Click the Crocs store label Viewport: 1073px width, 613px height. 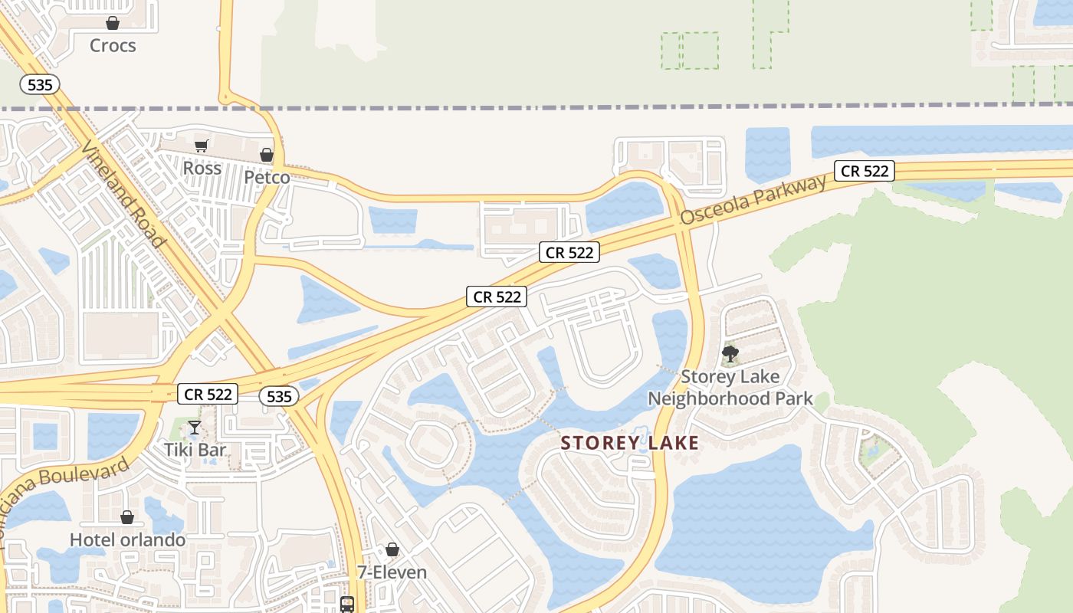(113, 46)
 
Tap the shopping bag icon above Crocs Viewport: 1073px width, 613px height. (113, 23)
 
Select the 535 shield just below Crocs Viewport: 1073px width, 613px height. (39, 84)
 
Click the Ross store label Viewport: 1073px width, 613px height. (202, 168)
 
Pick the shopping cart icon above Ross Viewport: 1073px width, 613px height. (202, 146)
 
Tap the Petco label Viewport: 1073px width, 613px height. (267, 178)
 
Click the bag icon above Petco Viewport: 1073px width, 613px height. (267, 156)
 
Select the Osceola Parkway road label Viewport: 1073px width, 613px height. (753, 200)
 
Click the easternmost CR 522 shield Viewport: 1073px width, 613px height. (865, 171)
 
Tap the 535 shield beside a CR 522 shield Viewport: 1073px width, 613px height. (279, 395)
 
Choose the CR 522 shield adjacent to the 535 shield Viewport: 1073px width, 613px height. (208, 395)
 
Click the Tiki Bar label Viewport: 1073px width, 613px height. (195, 450)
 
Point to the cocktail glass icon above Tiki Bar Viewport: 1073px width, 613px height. (195, 427)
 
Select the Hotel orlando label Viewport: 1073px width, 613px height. (127, 540)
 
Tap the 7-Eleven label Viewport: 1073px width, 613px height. (392, 572)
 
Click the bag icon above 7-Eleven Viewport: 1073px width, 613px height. (392, 549)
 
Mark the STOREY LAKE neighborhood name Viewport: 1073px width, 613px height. (629, 443)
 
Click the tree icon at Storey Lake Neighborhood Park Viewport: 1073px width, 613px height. (730, 354)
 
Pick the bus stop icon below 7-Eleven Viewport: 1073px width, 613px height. (347, 604)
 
